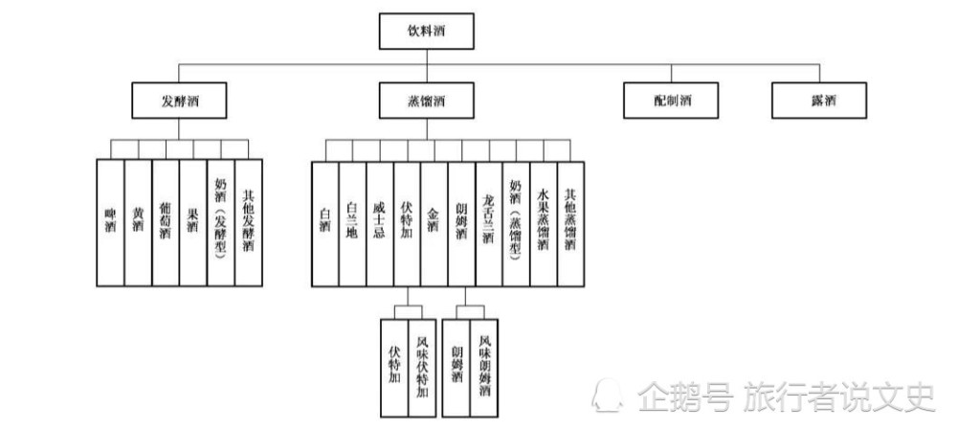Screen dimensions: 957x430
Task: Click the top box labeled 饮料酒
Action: coord(426,32)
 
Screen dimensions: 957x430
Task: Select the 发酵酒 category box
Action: coord(179,101)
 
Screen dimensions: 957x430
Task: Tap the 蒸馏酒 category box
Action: coord(426,101)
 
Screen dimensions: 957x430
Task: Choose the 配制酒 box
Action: coord(671,101)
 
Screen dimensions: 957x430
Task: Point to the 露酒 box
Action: coord(819,101)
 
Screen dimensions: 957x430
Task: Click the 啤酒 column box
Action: coord(110,223)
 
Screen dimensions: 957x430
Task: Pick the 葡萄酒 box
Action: coord(166,223)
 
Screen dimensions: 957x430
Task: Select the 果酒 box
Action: coord(193,223)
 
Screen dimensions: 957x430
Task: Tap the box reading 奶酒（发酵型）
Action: coord(221,223)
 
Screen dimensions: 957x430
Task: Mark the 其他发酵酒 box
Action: coord(249,223)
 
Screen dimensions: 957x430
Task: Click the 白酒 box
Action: coord(325,224)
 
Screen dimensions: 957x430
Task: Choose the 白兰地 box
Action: coord(353,224)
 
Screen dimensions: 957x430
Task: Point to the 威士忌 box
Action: coord(380,224)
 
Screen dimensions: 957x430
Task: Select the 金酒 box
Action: coord(434,224)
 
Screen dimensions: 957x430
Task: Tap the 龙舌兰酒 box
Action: coord(489,224)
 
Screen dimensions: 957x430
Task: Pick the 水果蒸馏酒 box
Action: coord(544,224)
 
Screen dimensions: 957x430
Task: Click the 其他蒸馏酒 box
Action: coord(570,224)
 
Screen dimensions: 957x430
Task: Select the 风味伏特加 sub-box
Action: coord(422,368)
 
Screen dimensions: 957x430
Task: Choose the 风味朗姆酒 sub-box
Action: coord(484,368)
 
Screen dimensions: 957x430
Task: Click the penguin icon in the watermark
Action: coord(608,395)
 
